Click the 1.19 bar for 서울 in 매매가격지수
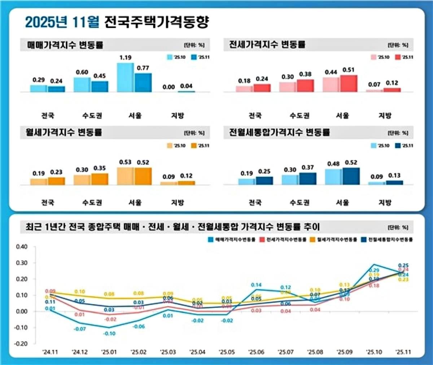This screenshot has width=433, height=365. point(125,77)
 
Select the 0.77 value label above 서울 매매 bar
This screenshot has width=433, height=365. point(143,68)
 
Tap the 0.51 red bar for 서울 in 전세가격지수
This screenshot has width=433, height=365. point(349,83)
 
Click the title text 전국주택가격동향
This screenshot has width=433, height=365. point(156,22)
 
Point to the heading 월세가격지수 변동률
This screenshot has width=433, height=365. point(64,132)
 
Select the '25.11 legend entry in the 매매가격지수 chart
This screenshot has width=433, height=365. point(200,57)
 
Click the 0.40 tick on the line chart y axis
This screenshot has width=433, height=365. point(22,247)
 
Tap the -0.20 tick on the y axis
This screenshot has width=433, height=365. point(21,344)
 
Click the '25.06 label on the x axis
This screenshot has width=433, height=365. point(256,352)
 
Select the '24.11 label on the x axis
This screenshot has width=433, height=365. point(50,352)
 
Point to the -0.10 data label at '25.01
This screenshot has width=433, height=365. point(109,334)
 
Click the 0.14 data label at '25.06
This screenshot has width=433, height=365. point(256,285)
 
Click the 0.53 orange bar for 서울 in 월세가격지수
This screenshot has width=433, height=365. point(125,176)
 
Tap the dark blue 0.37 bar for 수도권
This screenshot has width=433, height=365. point(308,179)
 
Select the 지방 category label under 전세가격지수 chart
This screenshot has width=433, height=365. point(385,116)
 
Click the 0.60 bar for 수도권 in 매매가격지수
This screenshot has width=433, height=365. point(82,84)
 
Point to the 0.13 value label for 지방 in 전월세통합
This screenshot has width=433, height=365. point(394,175)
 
